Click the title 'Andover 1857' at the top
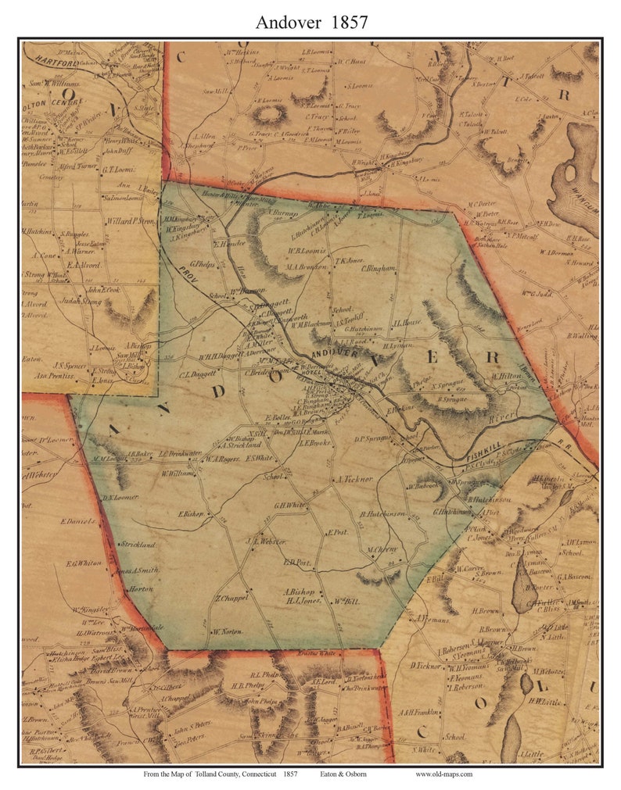310,21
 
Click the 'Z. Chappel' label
232,598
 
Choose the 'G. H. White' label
289,505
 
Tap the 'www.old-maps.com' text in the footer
443,774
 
